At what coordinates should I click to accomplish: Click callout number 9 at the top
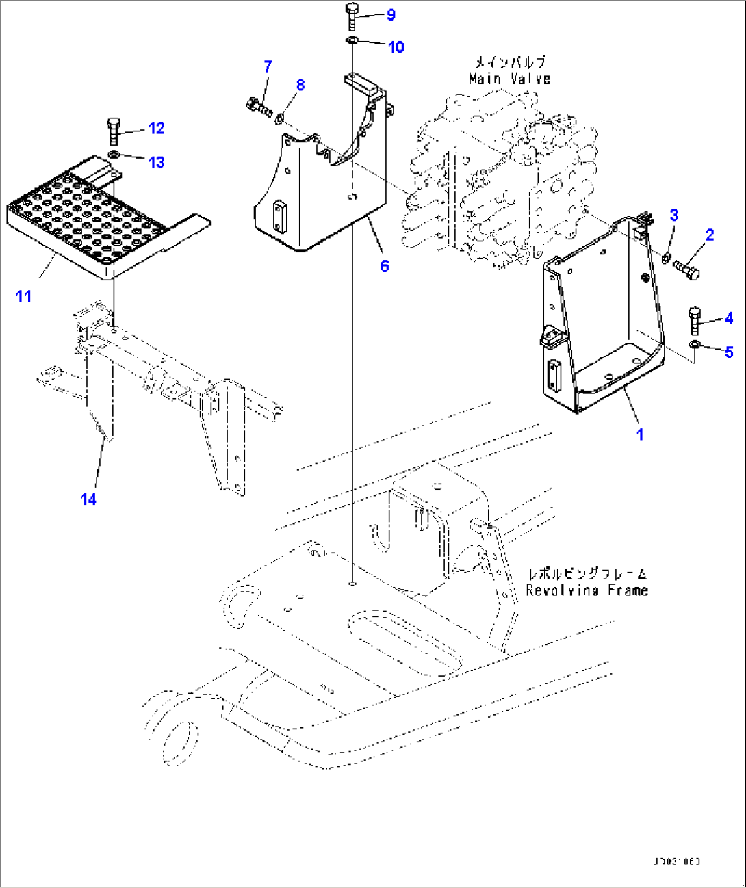[x=391, y=14]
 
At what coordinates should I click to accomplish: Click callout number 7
[x=268, y=66]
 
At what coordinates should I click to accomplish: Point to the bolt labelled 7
[x=257, y=107]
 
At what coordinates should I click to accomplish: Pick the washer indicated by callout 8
[x=279, y=120]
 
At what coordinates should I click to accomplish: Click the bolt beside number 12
[x=114, y=130]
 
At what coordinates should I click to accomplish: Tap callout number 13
[x=157, y=162]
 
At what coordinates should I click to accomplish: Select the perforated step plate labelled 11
[x=89, y=219]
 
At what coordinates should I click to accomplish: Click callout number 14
[x=89, y=499]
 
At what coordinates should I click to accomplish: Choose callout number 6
[x=385, y=265]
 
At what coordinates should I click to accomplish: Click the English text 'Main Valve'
[x=509, y=79]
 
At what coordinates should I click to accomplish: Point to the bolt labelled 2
[x=686, y=268]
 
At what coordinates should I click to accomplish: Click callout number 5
[x=729, y=352]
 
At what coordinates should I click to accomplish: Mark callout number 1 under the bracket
[x=640, y=434]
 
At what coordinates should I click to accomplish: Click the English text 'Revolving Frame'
[x=587, y=590]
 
